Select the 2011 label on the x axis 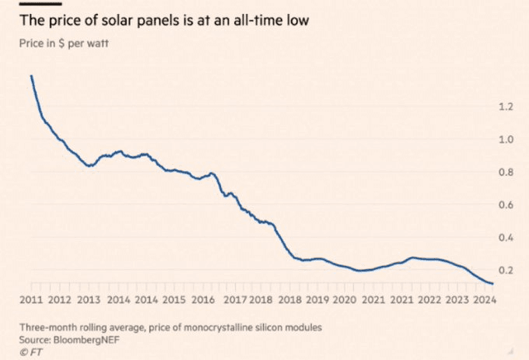tap(30, 299)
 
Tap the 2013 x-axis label tap(89, 299)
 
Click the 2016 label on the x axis tap(203, 299)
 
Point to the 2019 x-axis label tap(317, 299)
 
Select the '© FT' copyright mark tap(30, 351)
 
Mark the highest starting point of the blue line tap(30, 75)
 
